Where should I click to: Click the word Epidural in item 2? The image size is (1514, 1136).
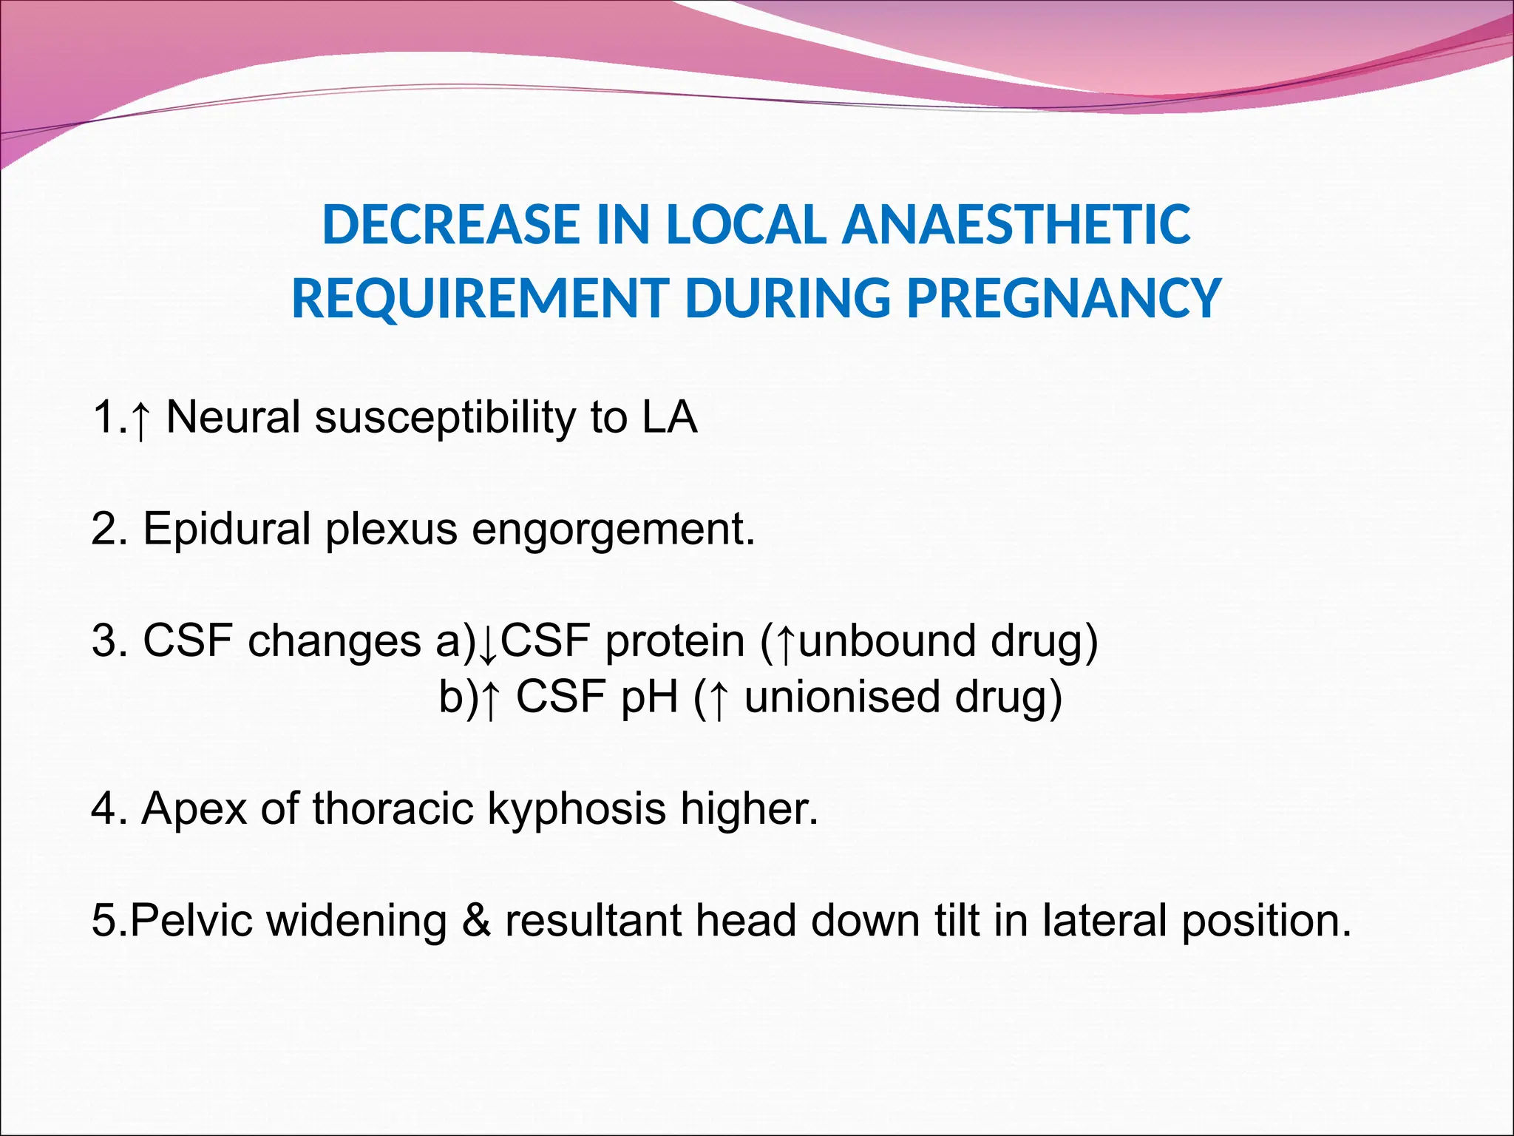tap(226, 530)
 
